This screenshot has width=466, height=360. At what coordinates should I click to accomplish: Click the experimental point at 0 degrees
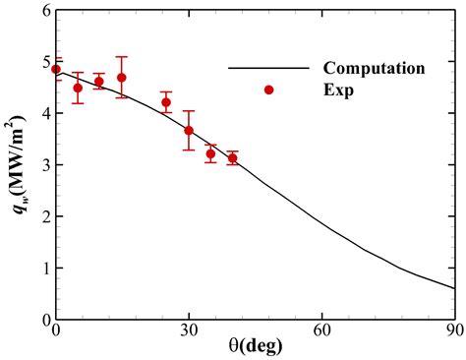pos(56,69)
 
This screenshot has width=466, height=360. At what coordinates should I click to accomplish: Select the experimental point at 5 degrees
pos(78,88)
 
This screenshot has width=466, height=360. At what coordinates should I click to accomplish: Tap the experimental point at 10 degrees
pos(99,82)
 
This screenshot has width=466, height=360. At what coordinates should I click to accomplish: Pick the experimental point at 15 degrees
pos(122,78)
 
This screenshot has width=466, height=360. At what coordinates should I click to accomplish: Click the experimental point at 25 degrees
pos(166,102)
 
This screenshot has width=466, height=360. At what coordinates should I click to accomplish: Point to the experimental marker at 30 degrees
pos(189,130)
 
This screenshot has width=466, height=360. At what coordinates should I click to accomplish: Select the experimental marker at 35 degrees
pos(210,153)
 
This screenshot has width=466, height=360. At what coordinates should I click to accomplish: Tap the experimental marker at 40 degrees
pos(232,157)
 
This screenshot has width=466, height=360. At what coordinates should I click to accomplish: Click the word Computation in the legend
pos(374,69)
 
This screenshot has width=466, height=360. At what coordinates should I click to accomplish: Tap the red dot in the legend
pos(268,90)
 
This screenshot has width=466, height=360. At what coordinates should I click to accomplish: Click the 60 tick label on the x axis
pos(321,331)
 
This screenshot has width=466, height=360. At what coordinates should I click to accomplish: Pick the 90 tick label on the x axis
pos(453,331)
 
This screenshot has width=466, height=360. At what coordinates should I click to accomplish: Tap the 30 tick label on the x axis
pos(189,331)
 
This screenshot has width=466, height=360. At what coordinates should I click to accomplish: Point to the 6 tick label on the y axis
pos(43,12)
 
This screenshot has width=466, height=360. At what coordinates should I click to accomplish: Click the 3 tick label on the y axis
pos(43,165)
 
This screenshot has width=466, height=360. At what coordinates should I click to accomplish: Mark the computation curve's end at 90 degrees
pos(454,288)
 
